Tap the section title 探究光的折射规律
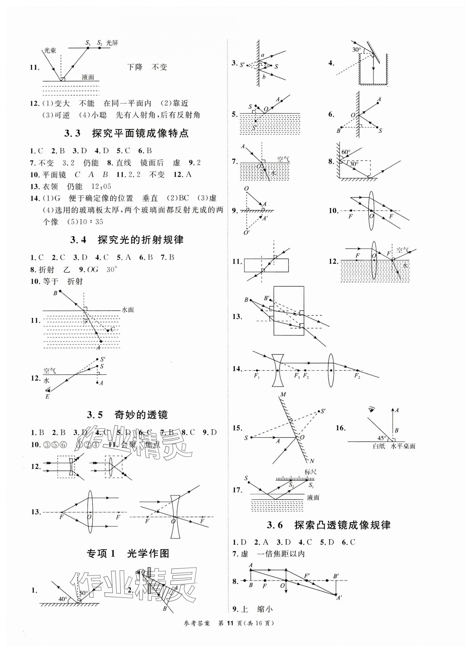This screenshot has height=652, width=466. [x=141, y=240]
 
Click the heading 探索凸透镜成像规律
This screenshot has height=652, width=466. [x=342, y=525]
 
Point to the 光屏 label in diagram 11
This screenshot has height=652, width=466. [x=112, y=43]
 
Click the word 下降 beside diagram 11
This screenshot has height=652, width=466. [x=135, y=67]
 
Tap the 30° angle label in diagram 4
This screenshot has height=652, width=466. [x=356, y=50]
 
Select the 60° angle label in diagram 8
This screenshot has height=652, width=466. [x=346, y=152]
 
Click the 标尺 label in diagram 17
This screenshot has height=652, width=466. [x=310, y=472]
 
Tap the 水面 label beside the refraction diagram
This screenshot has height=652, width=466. [x=128, y=310]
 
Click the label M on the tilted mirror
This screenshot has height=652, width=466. [x=283, y=395]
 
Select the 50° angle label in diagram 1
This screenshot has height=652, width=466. [x=83, y=593]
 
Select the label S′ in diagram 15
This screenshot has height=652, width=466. [x=323, y=412]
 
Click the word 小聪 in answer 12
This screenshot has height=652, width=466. [x=99, y=115]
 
